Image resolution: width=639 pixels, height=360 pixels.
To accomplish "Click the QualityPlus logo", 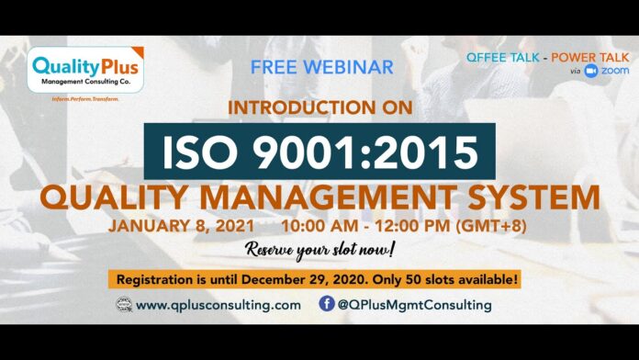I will (85, 70).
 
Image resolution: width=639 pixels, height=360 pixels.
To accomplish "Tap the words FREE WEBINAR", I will (321, 67).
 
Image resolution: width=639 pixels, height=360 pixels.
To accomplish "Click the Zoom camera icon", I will (590, 71).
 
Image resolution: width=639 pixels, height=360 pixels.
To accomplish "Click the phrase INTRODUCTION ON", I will (319, 108).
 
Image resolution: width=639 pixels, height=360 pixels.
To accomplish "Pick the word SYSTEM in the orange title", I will (530, 197).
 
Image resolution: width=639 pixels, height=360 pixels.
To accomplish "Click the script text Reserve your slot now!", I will (319, 250).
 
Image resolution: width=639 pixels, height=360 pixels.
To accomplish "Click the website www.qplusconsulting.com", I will (217, 305).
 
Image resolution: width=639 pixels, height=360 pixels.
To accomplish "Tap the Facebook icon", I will (327, 304).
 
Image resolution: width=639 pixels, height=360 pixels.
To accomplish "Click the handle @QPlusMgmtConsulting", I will (414, 305).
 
